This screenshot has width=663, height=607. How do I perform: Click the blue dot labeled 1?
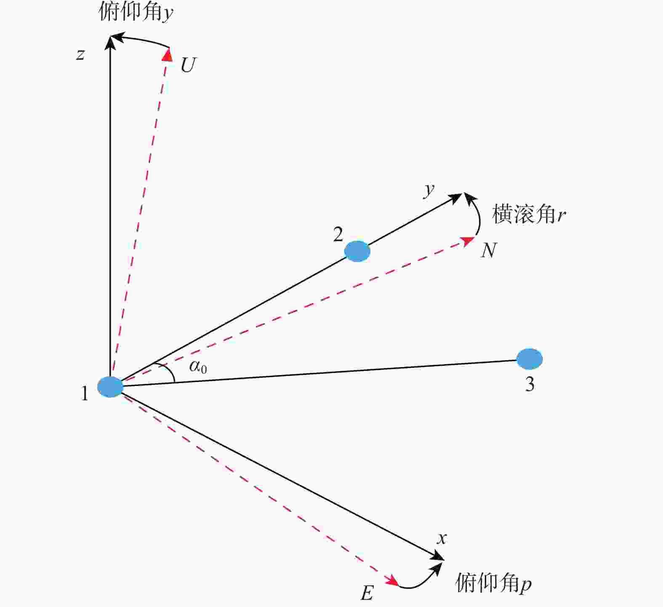(110, 387)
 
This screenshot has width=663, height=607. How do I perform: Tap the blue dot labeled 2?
(357, 251)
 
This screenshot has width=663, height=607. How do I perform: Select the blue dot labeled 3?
(530, 359)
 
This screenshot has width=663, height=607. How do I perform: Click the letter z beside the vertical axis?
(80, 54)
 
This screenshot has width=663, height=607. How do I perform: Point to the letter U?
(188, 65)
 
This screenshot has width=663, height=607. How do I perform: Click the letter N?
(489, 250)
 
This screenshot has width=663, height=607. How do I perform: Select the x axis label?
(442, 538)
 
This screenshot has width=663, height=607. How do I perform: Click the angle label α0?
(198, 367)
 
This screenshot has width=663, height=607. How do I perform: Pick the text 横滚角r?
(529, 214)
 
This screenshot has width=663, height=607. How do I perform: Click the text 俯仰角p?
(493, 583)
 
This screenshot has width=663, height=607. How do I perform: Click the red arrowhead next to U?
(168, 55)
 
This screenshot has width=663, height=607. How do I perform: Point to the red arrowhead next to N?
(468, 241)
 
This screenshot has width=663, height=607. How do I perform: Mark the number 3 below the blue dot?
(530, 384)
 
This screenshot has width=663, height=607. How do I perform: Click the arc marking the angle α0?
(168, 371)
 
